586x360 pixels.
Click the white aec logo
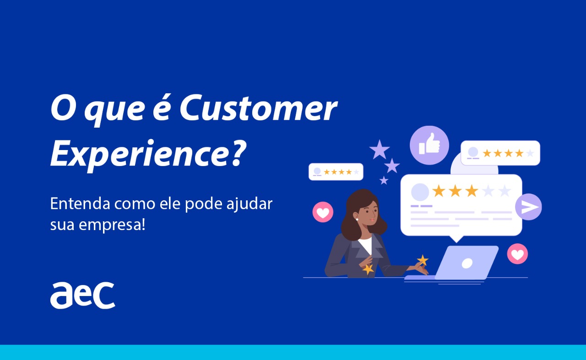click(82, 296)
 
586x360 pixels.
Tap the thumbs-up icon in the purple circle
click(429, 145)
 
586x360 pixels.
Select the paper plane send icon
click(529, 207)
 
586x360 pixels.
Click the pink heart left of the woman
click(323, 212)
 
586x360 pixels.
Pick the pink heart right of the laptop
click(517, 254)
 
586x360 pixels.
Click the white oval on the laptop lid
click(467, 263)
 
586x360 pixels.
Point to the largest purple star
click(380, 150)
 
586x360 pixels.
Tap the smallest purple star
click(384, 181)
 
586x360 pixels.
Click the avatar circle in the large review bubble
click(420, 192)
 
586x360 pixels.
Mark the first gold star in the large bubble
click(439, 191)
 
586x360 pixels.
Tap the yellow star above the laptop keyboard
click(422, 260)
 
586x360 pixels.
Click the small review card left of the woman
click(336, 172)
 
